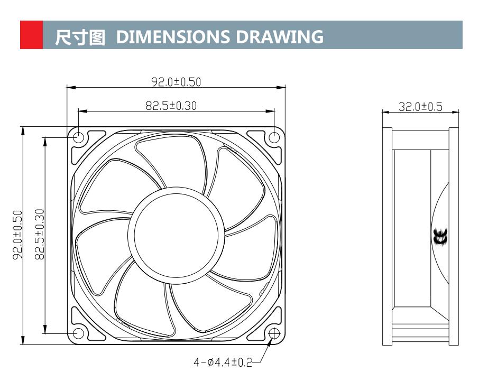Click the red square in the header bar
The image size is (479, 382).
coord(31,35)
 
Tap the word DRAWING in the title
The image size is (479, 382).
coord(280,36)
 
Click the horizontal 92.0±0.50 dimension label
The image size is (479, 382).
coord(176,82)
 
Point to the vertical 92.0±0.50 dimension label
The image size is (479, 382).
coord(17,236)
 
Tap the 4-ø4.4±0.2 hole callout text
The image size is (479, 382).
coord(223,362)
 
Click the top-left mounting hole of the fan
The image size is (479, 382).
coord(78,137)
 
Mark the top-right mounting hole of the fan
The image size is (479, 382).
coord(274,137)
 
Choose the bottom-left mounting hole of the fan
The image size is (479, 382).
coord(78,333)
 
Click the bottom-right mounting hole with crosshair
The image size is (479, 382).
coord(274,333)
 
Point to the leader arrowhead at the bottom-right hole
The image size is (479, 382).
coord(271,341)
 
